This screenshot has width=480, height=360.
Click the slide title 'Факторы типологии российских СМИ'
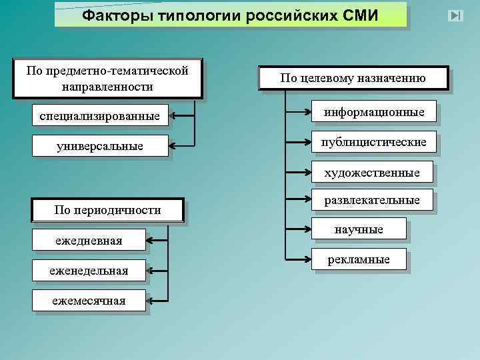230,15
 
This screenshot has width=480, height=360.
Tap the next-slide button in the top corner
456,15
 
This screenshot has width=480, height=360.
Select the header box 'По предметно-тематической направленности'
107,78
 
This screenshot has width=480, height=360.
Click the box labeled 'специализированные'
100,117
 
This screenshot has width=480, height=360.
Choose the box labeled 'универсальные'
100,145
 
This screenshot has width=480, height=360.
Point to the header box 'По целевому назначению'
353,78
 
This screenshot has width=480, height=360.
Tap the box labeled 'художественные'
372,173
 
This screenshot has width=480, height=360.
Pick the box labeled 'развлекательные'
372,200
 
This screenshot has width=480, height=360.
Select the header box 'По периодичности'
107,210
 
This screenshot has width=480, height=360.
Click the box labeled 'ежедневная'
89,240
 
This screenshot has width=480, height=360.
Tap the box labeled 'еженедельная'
89,270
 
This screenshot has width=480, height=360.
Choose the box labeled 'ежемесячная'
89,300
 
